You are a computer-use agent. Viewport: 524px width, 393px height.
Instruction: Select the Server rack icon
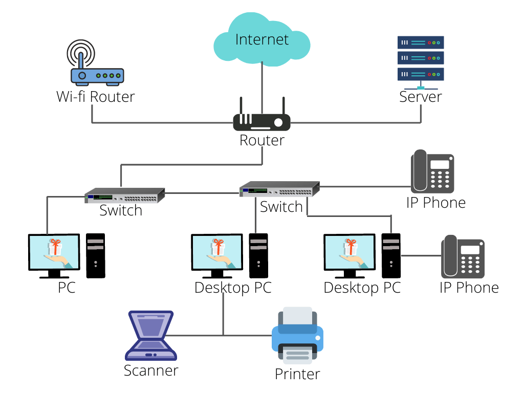[421, 58]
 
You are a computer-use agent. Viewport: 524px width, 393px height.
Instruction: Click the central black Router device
[261, 122]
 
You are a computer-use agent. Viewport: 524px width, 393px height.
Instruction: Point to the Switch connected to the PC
[125, 195]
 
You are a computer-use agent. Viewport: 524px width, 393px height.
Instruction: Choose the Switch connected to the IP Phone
[279, 189]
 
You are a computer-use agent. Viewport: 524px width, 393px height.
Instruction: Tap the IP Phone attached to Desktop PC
[464, 257]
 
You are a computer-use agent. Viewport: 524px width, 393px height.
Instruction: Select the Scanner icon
[150, 335]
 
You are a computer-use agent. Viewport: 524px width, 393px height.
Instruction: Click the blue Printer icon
[297, 336]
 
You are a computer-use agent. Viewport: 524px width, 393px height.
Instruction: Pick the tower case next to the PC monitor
[96, 255]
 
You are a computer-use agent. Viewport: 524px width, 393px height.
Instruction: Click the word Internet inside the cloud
[262, 40]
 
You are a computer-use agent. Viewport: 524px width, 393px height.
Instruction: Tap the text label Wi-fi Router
[96, 97]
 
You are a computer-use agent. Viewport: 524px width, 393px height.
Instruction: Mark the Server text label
[421, 97]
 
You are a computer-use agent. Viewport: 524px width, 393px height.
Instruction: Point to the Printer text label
[297, 374]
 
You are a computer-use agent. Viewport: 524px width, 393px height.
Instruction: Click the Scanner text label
[151, 370]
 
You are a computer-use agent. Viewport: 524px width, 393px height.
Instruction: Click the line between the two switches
[202, 193]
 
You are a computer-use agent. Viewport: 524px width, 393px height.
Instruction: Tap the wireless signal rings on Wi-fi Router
[81, 53]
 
